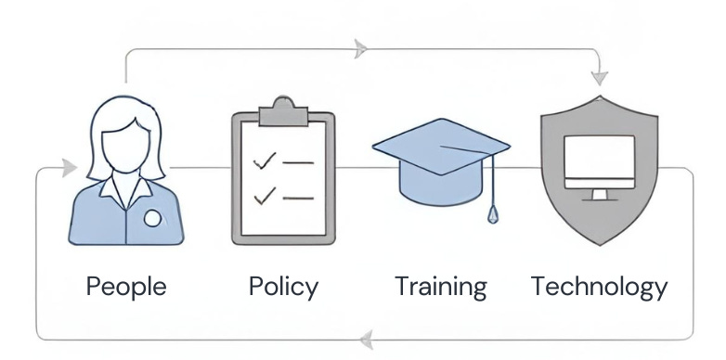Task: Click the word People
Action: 126,286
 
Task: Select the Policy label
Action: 283,286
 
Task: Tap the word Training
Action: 440,286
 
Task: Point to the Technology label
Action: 599,286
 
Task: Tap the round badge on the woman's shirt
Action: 152,218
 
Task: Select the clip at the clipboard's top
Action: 282,113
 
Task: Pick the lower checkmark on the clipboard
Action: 265,196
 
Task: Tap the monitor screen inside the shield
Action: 600,161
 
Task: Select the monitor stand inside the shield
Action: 600,194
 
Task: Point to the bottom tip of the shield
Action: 600,243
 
